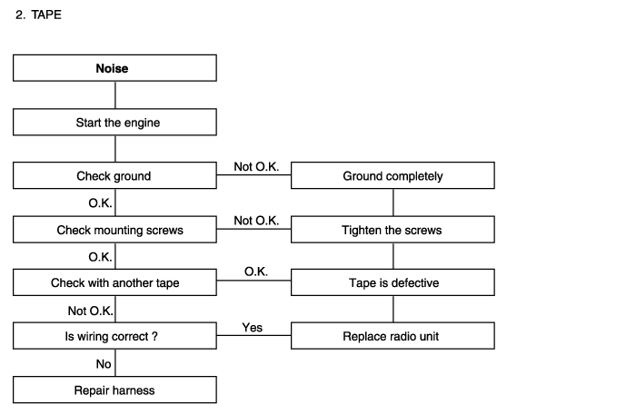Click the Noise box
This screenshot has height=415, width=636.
(x=114, y=68)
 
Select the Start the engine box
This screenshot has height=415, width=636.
(x=114, y=122)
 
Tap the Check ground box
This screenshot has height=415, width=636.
(x=114, y=175)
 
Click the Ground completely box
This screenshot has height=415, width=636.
(x=393, y=175)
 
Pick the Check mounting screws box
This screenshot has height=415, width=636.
(x=114, y=230)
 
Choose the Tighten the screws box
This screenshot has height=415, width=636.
(x=393, y=230)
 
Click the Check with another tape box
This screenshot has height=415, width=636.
(x=114, y=282)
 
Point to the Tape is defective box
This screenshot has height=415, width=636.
(x=393, y=282)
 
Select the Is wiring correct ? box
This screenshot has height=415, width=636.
(x=114, y=336)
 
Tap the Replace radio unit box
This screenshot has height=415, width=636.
(x=393, y=336)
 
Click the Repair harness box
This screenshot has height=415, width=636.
(x=114, y=390)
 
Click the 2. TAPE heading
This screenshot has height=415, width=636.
(x=38, y=15)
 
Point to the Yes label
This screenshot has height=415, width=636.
(x=253, y=328)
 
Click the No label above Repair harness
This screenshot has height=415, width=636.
(x=104, y=364)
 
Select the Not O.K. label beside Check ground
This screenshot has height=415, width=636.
(x=256, y=166)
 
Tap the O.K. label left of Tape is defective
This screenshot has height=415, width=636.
(x=256, y=272)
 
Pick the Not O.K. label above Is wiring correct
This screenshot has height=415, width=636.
(x=91, y=311)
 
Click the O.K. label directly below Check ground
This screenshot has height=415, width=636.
(x=100, y=203)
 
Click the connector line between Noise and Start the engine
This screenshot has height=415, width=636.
(x=115, y=94)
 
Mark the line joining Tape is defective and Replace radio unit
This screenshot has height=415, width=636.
(x=393, y=309)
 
